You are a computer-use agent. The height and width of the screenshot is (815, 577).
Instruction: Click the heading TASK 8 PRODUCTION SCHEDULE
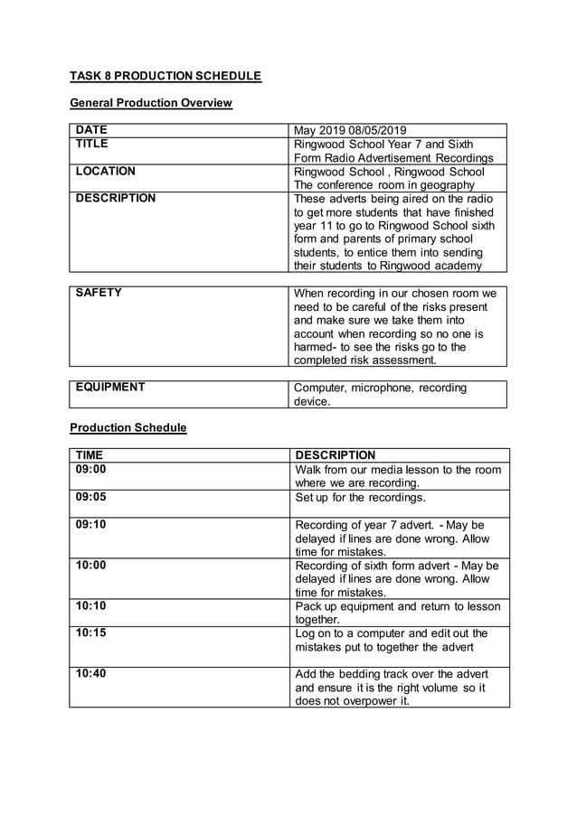[166, 76]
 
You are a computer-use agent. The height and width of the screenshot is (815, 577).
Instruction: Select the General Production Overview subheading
[151, 103]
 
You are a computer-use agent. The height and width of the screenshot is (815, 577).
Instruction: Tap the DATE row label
[91, 130]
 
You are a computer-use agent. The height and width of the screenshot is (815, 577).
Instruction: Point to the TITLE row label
[91, 144]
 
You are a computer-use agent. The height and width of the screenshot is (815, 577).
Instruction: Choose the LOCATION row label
[106, 171]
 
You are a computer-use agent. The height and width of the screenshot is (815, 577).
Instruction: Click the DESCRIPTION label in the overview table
[116, 198]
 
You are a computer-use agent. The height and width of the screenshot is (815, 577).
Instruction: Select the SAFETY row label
[99, 293]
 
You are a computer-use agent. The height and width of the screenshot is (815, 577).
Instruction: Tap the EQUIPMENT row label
[110, 388]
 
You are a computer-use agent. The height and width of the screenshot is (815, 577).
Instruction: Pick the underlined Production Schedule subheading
[128, 427]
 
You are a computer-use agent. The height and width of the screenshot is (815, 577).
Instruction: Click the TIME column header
[90, 454]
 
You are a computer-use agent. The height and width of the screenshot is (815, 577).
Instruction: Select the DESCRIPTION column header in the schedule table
[336, 455]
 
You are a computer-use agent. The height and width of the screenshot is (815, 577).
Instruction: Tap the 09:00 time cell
[90, 469]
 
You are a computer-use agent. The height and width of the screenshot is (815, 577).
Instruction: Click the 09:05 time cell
[90, 496]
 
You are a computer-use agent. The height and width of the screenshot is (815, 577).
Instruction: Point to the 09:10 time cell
[90, 524]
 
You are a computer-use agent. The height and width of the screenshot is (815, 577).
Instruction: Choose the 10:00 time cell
[90, 565]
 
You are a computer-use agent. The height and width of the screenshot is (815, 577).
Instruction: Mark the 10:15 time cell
[90, 632]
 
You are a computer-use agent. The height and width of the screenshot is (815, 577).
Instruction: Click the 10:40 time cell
[90, 673]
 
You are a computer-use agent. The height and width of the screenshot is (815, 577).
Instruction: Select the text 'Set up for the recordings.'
[360, 497]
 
